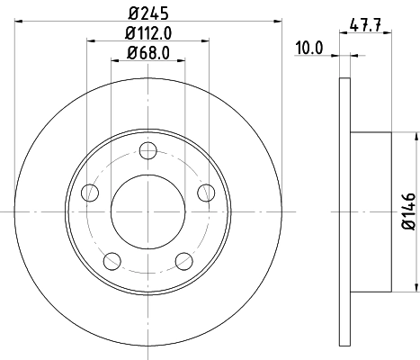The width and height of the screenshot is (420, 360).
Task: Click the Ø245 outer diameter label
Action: (148, 13)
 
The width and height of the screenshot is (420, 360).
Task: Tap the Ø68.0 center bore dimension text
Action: (148, 53)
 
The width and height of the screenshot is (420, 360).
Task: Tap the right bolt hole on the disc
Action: (207, 192)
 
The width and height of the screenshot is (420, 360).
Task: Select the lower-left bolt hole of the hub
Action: (112, 260)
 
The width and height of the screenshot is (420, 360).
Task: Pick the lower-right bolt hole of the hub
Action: (184, 260)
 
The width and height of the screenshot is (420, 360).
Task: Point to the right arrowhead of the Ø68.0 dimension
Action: (183, 62)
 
